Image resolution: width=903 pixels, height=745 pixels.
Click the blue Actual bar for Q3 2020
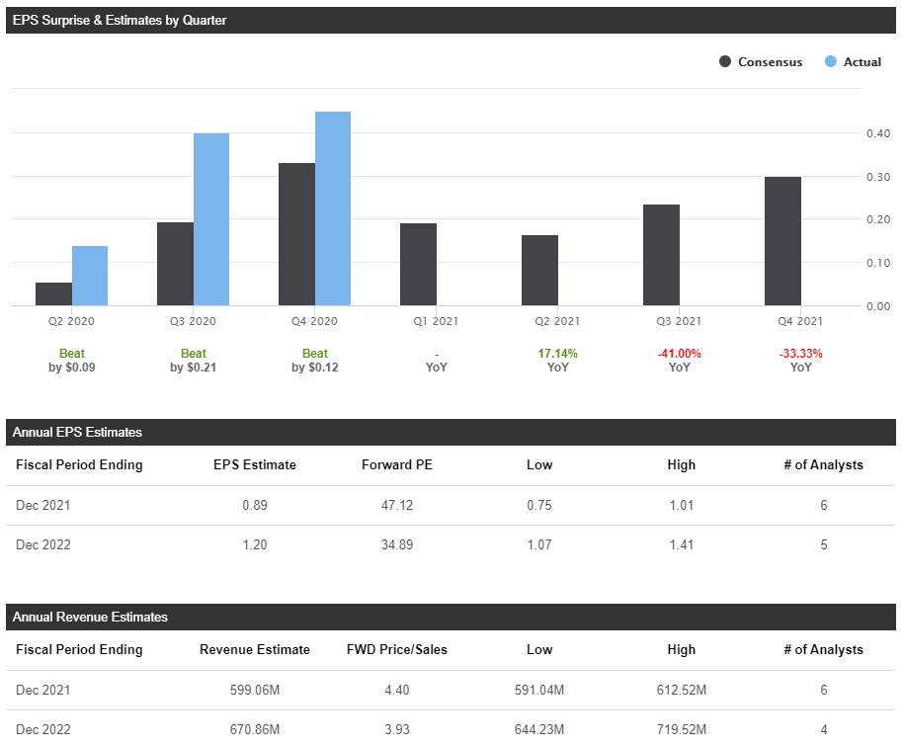pyautogui.click(x=211, y=219)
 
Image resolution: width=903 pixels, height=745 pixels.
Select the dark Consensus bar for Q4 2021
pyautogui.click(x=782, y=241)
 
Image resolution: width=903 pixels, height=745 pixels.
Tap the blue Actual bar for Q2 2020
pyautogui.click(x=90, y=276)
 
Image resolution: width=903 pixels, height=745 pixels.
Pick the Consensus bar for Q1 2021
pyautogui.click(x=418, y=264)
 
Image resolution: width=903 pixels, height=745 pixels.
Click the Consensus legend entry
pyautogui.click(x=761, y=62)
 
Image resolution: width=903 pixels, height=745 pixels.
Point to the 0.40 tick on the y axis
pyautogui.click(x=878, y=133)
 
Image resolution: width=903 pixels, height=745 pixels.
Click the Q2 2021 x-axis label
pyautogui.click(x=557, y=321)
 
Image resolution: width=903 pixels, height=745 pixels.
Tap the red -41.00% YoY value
pyautogui.click(x=679, y=354)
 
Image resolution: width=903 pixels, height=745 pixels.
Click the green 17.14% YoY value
pyautogui.click(x=557, y=354)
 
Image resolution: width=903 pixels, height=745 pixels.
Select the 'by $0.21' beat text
pyautogui.click(x=194, y=368)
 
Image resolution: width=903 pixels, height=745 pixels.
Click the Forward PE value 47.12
pyautogui.click(x=397, y=505)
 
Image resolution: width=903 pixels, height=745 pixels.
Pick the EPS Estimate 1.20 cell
pyautogui.click(x=255, y=544)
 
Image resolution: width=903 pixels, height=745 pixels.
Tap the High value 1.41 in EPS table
pyautogui.click(x=681, y=544)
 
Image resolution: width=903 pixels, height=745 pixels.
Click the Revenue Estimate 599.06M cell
pyautogui.click(x=255, y=690)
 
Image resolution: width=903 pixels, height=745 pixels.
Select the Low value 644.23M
pyautogui.click(x=539, y=729)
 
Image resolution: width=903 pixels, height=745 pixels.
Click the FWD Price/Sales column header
pyautogui.click(x=397, y=649)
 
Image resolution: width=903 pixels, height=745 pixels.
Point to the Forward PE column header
pyautogui.click(x=397, y=464)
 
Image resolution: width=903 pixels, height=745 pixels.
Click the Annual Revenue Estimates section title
pyautogui.click(x=90, y=617)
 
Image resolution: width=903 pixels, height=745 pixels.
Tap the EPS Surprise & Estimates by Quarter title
pyautogui.click(x=120, y=20)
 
